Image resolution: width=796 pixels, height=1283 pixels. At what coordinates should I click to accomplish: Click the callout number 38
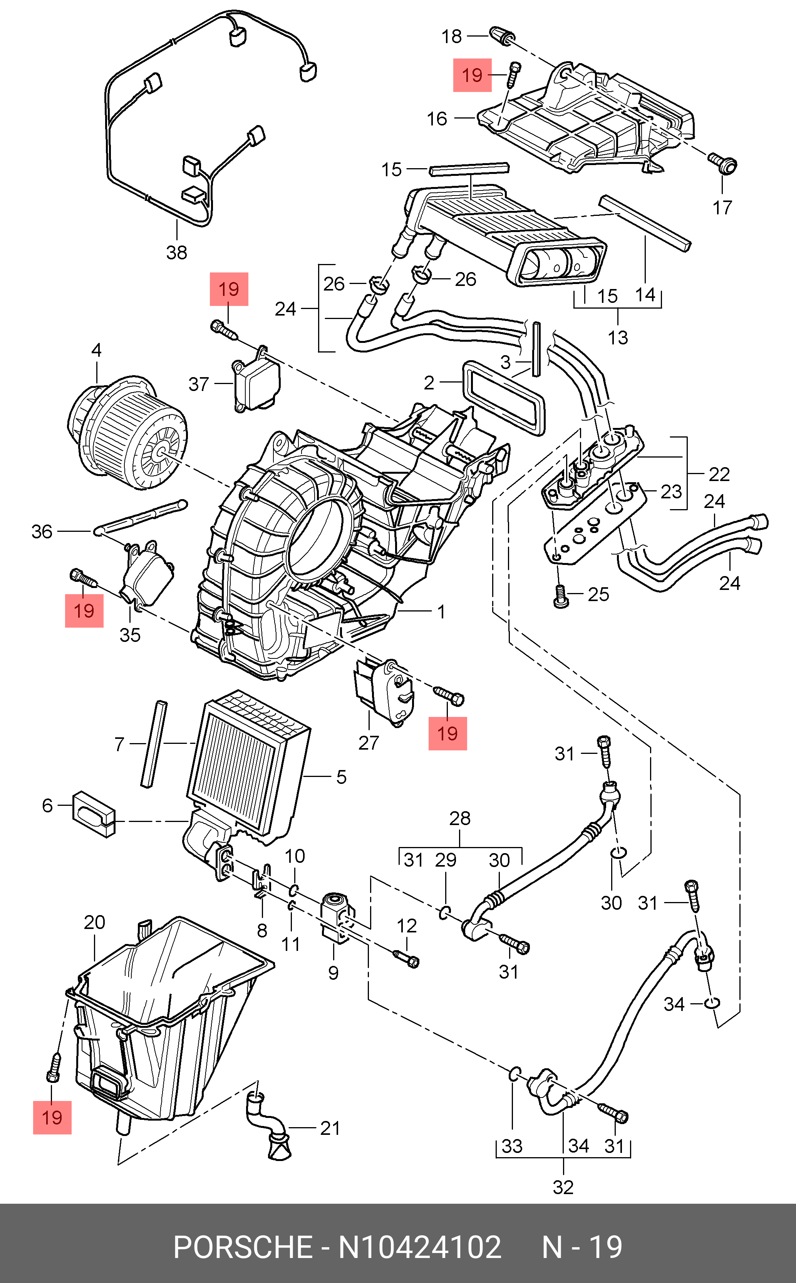176,252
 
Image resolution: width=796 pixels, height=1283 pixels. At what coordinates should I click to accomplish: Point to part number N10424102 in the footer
420,1247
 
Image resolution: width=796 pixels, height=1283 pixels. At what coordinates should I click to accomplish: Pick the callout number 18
451,36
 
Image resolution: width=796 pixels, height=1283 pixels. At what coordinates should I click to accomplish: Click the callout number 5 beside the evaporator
341,777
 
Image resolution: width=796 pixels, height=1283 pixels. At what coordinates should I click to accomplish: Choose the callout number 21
330,1128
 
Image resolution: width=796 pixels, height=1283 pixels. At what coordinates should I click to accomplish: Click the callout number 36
42,531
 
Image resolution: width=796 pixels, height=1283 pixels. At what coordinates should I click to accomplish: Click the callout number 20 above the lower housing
94,922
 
